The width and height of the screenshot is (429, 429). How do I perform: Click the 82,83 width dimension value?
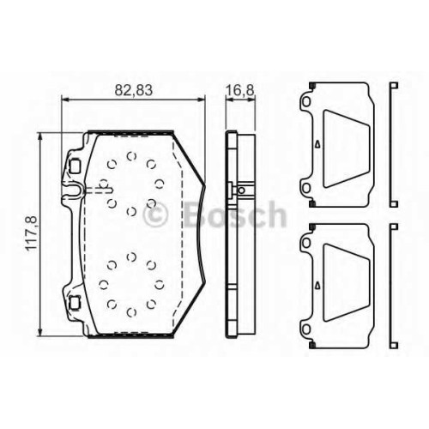point(134,90)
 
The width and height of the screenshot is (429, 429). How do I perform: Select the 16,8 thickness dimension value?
point(239,90)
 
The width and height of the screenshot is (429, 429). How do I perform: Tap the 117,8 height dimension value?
point(32,233)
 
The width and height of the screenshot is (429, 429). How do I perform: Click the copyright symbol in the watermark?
point(155,215)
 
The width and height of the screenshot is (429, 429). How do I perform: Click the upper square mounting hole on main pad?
point(76,166)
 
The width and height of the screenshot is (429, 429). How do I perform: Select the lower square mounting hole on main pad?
point(76,303)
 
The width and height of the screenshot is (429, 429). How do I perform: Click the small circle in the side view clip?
point(242,190)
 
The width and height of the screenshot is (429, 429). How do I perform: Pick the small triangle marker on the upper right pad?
point(317,144)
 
